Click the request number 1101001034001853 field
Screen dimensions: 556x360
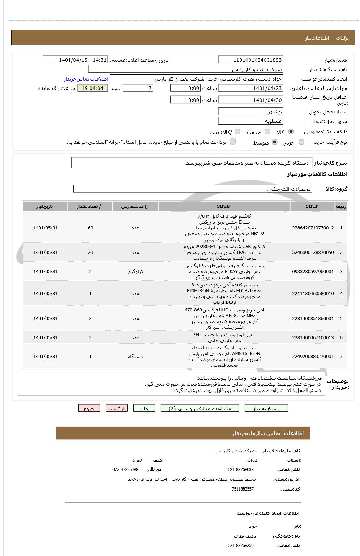pos(250,60)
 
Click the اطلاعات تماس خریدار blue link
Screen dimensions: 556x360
pos(86,79)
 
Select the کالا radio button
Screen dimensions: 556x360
pos(291,132)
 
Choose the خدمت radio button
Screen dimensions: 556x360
pos(267,132)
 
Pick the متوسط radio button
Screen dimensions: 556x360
pos(275,142)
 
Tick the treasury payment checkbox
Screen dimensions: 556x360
pos(233,142)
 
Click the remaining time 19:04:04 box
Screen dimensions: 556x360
pos(93,88)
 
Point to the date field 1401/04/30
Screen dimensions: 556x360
pos(250,100)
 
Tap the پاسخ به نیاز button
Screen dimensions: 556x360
pos(266,408)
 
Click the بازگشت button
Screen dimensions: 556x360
pos(116,408)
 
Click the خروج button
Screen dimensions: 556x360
pos(89,408)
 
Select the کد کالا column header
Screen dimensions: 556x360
pos(312,206)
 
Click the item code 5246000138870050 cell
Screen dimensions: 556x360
pos(313,253)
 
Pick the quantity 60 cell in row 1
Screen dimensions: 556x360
pos(90,228)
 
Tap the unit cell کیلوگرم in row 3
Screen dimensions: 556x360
pos(135,272)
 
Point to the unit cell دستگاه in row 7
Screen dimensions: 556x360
pos(135,357)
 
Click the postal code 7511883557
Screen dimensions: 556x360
pos(243,489)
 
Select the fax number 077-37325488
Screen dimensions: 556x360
pos(125,470)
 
